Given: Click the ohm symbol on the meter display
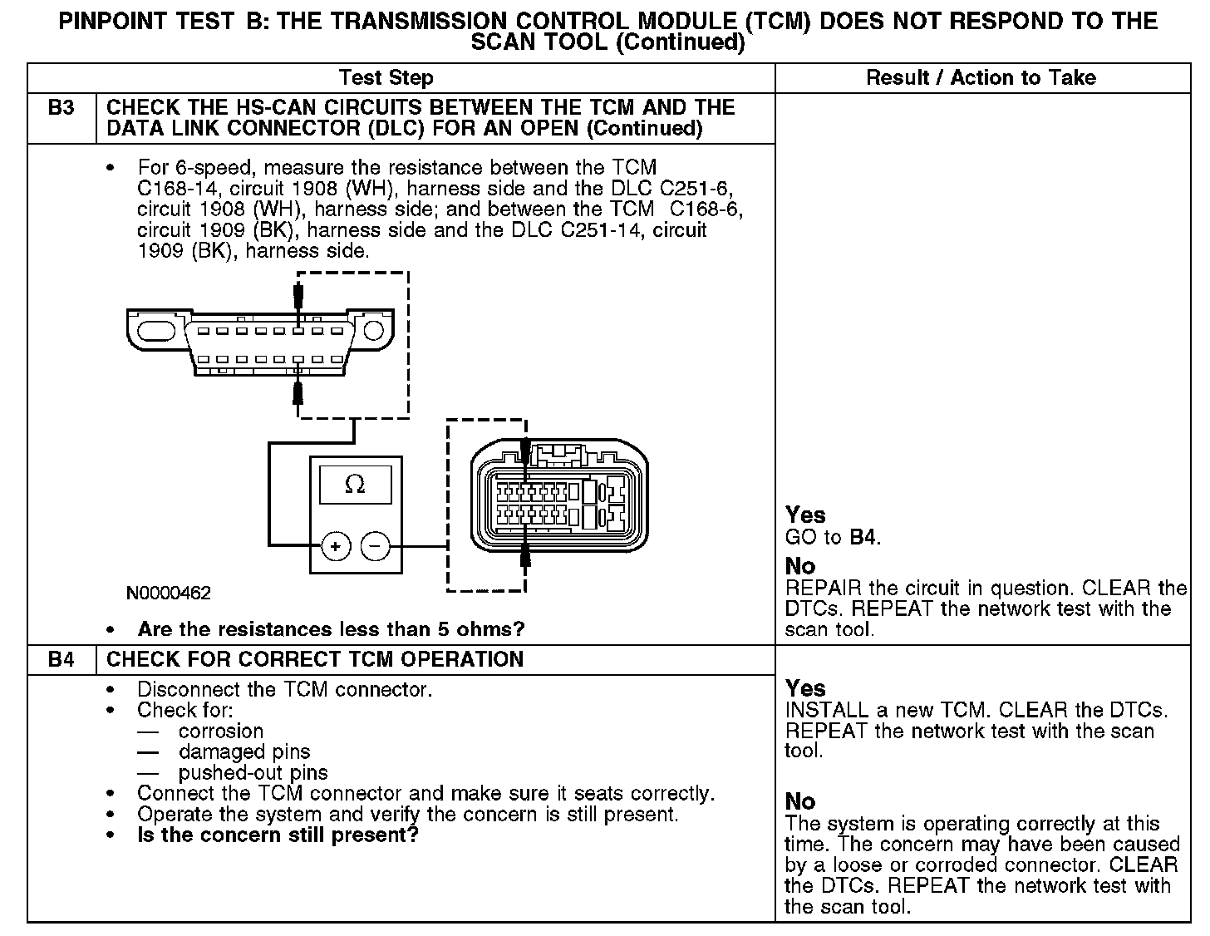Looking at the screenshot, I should (355, 484).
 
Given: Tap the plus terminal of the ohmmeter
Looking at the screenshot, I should (335, 546).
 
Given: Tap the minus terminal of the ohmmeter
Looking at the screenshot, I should (375, 546).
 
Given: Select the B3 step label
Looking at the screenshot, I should (61, 107).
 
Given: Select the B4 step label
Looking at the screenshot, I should (61, 659).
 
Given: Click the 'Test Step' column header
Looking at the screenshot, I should (386, 78).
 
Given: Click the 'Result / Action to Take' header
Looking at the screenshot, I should (981, 78).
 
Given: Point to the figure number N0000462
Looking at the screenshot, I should (169, 594).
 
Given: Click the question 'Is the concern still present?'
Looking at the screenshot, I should (278, 835).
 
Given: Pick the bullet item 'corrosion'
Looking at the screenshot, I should (221, 731).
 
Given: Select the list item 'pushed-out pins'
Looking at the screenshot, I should (253, 772).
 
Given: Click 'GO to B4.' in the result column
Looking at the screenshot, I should (833, 537).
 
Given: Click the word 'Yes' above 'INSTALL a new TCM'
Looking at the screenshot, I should (805, 688).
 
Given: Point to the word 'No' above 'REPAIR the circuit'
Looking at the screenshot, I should (800, 566).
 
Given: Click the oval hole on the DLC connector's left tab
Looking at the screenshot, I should (157, 331).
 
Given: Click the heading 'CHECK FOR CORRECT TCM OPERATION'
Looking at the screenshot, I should (316, 659).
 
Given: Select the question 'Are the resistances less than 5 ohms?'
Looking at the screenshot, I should (331, 629).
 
